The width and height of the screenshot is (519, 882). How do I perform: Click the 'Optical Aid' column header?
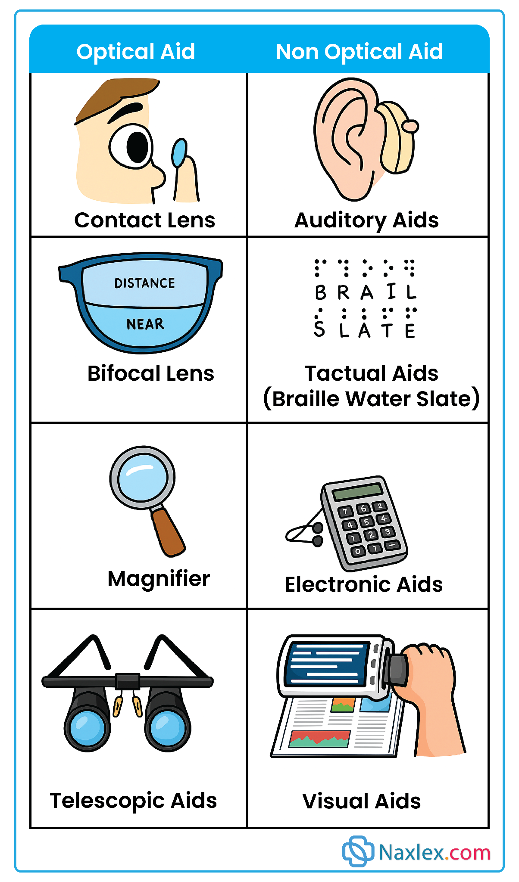coord(136,52)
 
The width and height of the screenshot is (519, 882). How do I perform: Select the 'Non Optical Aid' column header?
coord(360,52)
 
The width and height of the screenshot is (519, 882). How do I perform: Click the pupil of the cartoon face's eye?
coord(137,147)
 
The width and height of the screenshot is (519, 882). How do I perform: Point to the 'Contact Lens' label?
coord(144,220)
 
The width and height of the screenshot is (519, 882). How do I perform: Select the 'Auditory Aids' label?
coord(366,220)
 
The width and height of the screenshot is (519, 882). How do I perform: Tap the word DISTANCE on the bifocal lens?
coord(145,283)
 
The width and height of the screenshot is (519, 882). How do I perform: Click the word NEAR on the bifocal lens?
coord(145,324)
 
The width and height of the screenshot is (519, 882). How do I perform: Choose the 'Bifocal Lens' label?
coord(151,373)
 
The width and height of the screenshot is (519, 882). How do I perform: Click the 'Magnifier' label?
coord(159,578)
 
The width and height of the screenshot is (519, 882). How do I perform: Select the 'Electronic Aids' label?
coord(363,584)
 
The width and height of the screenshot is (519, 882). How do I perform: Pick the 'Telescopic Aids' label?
coord(133,801)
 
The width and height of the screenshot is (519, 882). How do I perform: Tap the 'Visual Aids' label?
coord(361,801)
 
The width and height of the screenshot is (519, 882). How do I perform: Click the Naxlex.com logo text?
coord(434,852)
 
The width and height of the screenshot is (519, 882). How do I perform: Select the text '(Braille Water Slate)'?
coord(371,399)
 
